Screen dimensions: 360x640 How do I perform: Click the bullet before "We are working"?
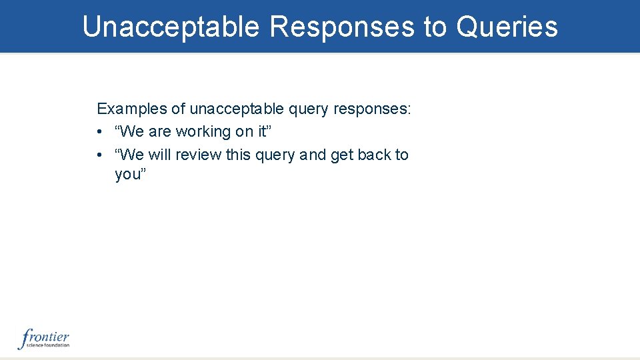coord(99,132)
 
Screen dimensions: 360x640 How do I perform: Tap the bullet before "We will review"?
coord(99,155)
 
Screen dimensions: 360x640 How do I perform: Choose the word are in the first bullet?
coord(161,132)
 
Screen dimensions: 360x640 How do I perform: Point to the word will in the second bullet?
coord(159,155)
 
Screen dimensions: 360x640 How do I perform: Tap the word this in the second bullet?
coord(238,155)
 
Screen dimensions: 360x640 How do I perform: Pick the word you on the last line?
coord(127,175)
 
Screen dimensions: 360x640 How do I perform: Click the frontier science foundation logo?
coord(43,339)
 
